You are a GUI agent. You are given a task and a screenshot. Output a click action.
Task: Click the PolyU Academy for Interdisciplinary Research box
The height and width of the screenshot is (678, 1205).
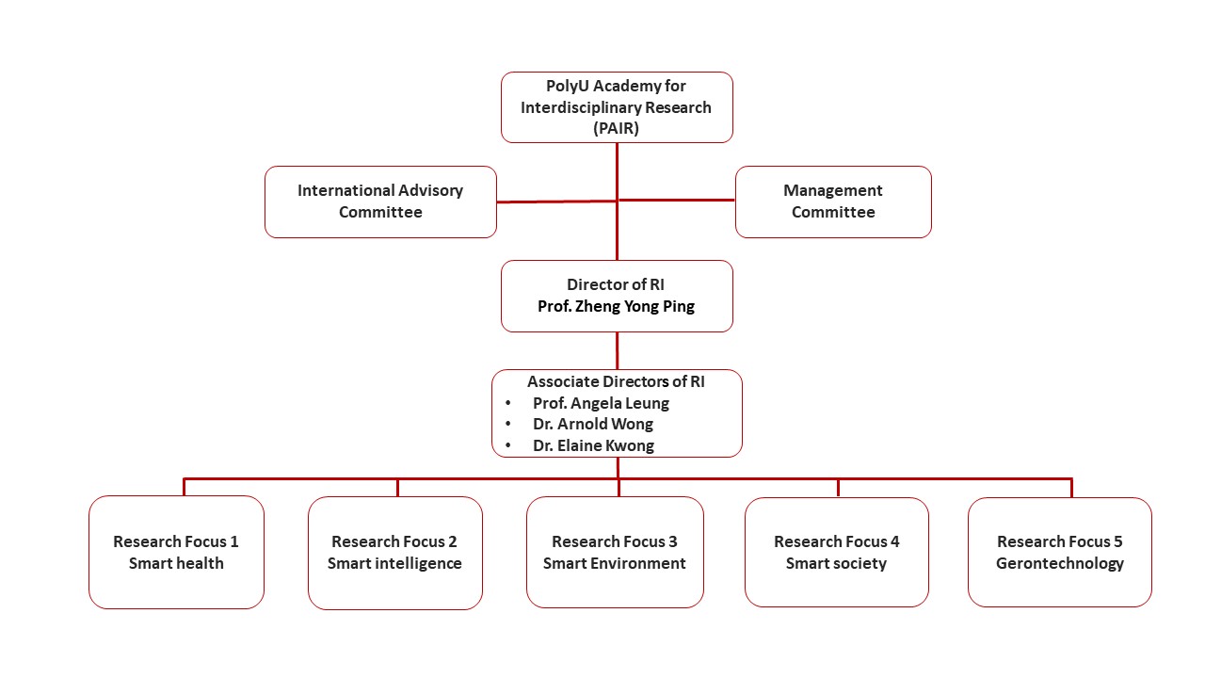[617, 106]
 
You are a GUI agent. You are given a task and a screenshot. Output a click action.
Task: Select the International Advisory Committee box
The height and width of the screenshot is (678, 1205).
[380, 202]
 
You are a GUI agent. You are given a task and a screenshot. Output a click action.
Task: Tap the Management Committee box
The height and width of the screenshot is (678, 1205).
[833, 202]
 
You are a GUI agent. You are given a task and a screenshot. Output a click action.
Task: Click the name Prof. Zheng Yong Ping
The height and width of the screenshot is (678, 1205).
[617, 307]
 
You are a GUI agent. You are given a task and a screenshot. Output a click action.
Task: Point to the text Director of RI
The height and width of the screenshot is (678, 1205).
[617, 284]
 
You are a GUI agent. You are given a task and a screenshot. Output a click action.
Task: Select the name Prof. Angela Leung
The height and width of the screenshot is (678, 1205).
[601, 403]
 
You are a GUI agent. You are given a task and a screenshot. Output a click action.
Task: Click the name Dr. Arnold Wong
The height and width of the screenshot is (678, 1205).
[593, 424]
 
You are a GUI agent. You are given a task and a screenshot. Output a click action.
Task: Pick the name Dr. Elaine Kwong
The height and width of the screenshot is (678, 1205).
[593, 445]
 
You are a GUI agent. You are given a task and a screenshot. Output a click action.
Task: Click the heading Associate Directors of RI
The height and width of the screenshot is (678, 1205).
[617, 381]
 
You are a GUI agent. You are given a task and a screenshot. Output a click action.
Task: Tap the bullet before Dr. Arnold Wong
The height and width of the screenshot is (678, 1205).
[508, 425]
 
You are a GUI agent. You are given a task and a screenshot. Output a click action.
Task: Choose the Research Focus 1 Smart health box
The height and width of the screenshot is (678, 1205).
[176, 552]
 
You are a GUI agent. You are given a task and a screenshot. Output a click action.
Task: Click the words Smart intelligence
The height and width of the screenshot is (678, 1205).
[394, 563]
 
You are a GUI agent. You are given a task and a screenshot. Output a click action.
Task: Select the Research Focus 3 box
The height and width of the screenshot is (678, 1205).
[615, 552]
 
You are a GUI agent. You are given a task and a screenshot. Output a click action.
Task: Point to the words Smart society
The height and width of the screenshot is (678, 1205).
[836, 563]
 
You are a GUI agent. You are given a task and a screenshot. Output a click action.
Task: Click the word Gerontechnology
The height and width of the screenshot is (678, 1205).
[1060, 563]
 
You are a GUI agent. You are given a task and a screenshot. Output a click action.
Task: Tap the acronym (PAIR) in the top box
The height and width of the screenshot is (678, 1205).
[617, 129]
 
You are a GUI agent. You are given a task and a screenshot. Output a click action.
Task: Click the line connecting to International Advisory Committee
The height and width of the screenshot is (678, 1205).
[555, 202]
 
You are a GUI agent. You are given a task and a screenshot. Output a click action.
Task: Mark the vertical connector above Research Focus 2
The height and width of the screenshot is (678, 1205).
[397, 488]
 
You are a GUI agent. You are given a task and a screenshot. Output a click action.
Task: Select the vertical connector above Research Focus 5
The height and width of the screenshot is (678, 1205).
[1071, 488]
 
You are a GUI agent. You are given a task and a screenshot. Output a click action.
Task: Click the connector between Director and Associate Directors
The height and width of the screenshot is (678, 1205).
[618, 350]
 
